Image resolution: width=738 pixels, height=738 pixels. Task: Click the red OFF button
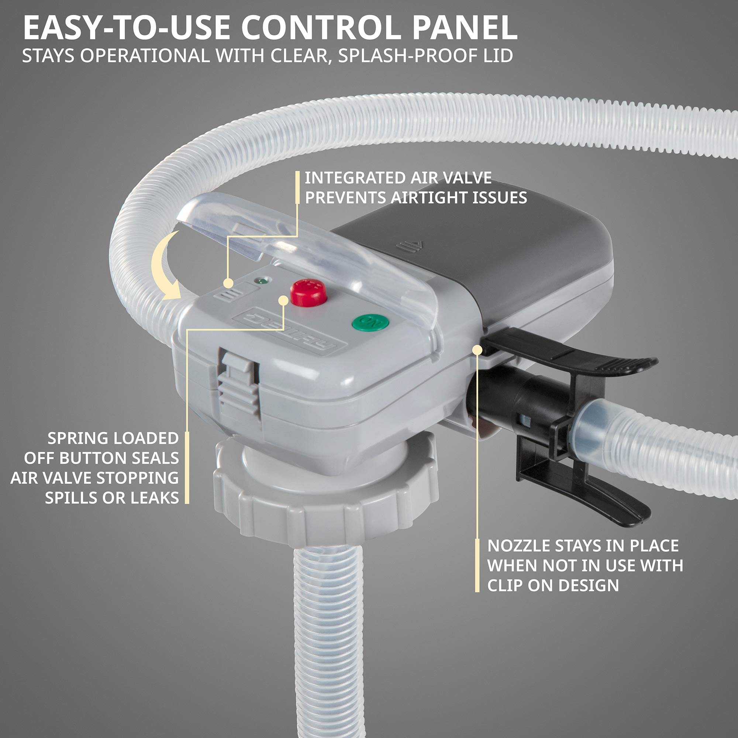pos(308,293)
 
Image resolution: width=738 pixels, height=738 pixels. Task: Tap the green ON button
pos(370,323)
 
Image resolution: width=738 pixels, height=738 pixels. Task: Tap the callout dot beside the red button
pos(283,300)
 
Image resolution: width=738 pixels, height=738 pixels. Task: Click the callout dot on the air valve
pos(228,283)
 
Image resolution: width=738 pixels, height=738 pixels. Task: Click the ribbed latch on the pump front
pos(238,386)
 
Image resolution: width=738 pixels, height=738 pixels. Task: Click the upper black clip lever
pos(573,354)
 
